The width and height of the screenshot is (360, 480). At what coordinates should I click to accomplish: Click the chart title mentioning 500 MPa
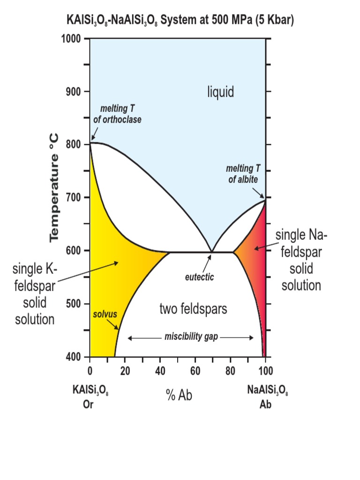click(180, 21)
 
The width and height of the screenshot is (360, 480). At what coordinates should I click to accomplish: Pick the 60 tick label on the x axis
click(195, 372)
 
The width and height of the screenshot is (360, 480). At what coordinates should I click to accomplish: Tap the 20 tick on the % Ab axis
click(125, 372)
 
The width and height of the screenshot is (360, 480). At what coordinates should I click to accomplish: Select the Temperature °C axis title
click(54, 187)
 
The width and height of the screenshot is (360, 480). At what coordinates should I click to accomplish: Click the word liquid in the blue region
click(220, 92)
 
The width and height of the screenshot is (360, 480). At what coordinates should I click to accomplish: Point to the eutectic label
click(199, 277)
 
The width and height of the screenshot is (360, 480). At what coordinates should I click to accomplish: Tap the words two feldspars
click(193, 309)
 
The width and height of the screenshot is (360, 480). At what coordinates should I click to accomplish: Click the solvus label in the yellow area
click(104, 313)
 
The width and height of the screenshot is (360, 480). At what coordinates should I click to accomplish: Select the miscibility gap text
click(191, 337)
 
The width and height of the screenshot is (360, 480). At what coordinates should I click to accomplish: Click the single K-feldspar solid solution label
click(35, 294)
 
